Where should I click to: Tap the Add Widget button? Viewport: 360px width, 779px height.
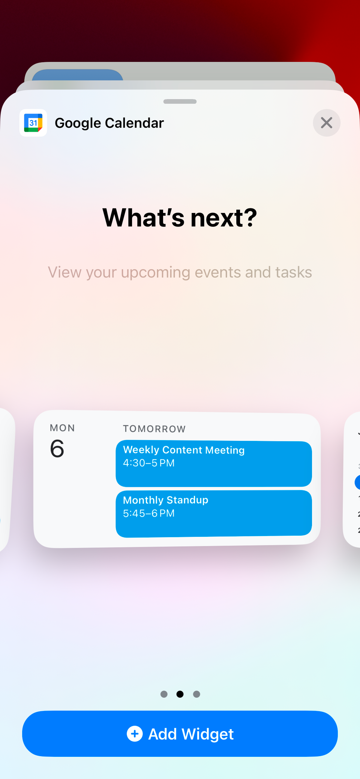coord(180,734)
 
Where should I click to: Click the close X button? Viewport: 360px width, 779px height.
coord(327,123)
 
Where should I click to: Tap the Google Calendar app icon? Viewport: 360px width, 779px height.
coord(33,123)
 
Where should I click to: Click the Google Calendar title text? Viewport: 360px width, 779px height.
coord(109,123)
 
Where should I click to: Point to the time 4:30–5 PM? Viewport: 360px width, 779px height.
coord(149,463)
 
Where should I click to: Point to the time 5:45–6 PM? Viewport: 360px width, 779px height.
coord(149,513)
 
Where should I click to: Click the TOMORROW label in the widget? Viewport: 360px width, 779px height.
coord(154,429)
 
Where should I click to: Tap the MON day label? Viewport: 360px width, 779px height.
coord(62,428)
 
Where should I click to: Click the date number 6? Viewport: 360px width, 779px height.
coord(57,449)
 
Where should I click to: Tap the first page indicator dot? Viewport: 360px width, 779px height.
coord(164,694)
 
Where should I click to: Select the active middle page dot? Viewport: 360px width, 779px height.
coord(180,694)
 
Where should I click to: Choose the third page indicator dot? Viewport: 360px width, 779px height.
coord(196,694)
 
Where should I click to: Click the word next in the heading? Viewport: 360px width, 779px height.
coord(223,218)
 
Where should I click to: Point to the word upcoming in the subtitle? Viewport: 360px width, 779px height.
coord(155,273)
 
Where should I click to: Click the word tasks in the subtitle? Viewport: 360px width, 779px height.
coord(293,273)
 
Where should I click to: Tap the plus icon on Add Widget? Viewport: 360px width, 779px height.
coord(135,734)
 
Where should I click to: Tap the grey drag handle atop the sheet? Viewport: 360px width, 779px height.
coord(180,102)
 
